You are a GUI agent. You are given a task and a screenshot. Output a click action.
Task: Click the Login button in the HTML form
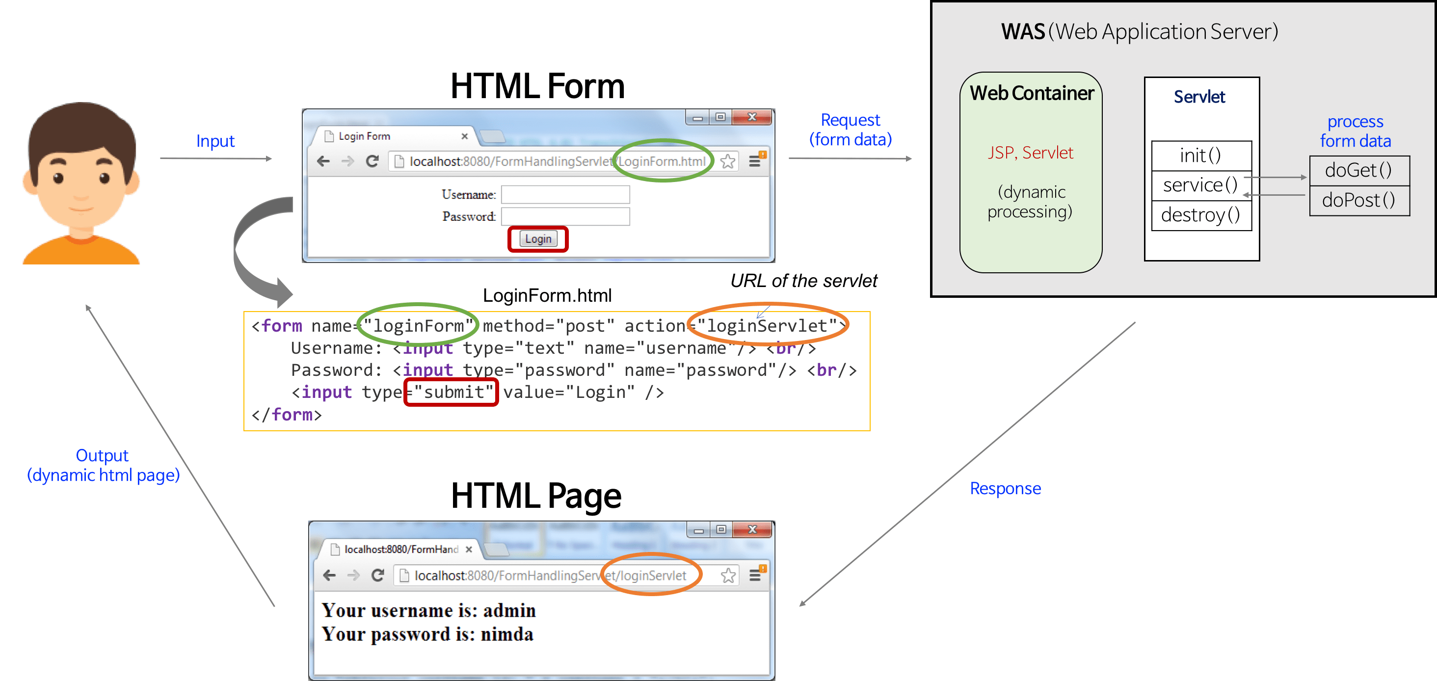[x=538, y=239]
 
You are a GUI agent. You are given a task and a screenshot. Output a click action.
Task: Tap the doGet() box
[x=1358, y=170]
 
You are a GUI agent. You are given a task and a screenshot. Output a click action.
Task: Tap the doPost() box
[x=1358, y=200]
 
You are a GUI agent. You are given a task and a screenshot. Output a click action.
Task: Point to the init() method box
[x=1201, y=156]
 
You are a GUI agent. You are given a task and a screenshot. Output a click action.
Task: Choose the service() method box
[x=1200, y=185]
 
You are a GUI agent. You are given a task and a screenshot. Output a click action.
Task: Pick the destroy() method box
[x=1200, y=215]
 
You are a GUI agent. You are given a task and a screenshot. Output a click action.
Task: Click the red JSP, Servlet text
[x=1030, y=153]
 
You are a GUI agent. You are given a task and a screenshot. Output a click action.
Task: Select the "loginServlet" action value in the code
[x=767, y=326]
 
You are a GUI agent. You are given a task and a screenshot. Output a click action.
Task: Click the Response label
[x=1005, y=489]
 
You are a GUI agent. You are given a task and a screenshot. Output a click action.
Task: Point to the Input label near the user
[x=215, y=141]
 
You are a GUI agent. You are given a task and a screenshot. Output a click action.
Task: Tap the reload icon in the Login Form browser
[x=372, y=162]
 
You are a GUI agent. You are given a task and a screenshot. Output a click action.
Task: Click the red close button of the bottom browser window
[x=752, y=529]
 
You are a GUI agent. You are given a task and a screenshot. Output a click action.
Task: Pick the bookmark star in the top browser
[x=727, y=162]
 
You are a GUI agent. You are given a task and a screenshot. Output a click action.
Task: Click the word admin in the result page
[x=509, y=611]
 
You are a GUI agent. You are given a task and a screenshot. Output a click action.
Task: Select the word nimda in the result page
[x=506, y=635]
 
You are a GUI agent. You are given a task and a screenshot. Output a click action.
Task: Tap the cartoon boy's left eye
[x=58, y=179]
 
